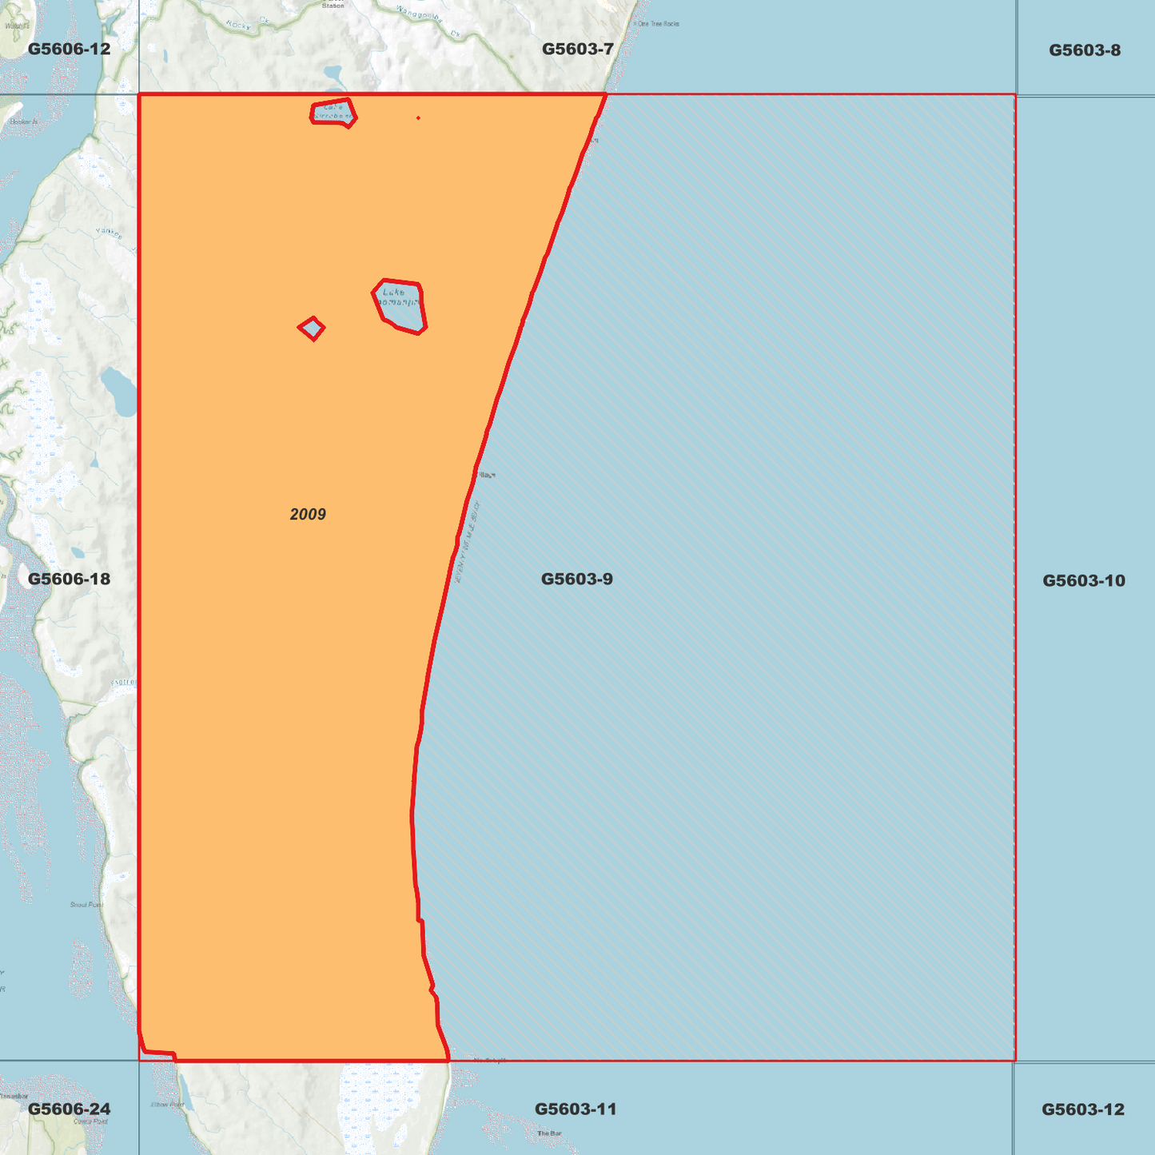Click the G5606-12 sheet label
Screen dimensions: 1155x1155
coord(69,50)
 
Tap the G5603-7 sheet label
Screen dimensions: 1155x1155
coord(577,50)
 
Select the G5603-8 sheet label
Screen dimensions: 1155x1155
coord(1084,50)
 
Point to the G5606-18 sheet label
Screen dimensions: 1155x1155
coord(69,579)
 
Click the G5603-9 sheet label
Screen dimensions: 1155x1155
coord(576,579)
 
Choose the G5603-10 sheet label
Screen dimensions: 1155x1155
coord(1083,580)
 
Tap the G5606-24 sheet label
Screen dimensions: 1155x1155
coord(69,1109)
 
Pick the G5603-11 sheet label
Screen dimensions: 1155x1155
coord(575,1109)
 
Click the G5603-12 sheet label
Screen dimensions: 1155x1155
coord(1082,1109)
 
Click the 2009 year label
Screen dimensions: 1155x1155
coord(308,514)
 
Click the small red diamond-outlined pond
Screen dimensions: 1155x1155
coord(312,329)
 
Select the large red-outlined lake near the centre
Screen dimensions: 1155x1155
coord(400,306)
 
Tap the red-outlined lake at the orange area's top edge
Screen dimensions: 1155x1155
coord(333,113)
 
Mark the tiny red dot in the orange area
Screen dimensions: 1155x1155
coord(418,118)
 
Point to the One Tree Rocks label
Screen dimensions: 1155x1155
coord(658,24)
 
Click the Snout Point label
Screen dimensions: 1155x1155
coord(86,905)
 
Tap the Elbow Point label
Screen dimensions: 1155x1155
coord(167,1105)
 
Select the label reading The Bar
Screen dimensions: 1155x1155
coord(549,1133)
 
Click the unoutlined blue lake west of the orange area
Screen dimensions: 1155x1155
coord(119,391)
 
